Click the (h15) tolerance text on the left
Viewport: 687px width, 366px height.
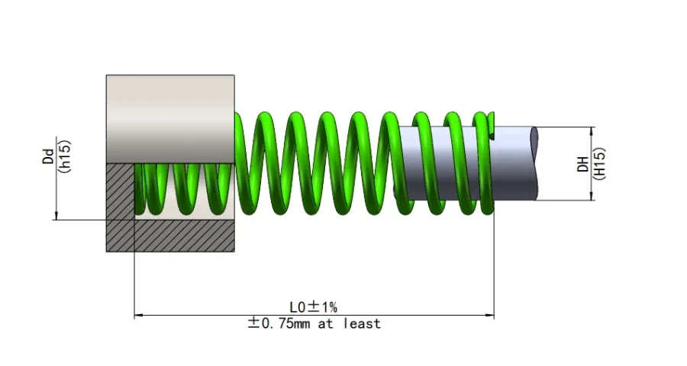tap(65, 157)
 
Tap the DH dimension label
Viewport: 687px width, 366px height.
tap(582, 164)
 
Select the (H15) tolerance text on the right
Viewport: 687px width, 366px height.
tap(599, 164)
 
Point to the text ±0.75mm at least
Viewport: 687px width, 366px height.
tap(314, 323)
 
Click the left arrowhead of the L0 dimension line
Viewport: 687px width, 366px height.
tap(139, 314)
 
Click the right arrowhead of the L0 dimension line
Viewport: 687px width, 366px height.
tap(489, 314)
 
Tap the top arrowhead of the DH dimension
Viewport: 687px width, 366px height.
tap(592, 131)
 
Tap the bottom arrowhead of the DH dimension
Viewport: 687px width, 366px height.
tap(592, 197)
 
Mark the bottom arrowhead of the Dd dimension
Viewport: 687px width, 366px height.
tap(56, 216)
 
